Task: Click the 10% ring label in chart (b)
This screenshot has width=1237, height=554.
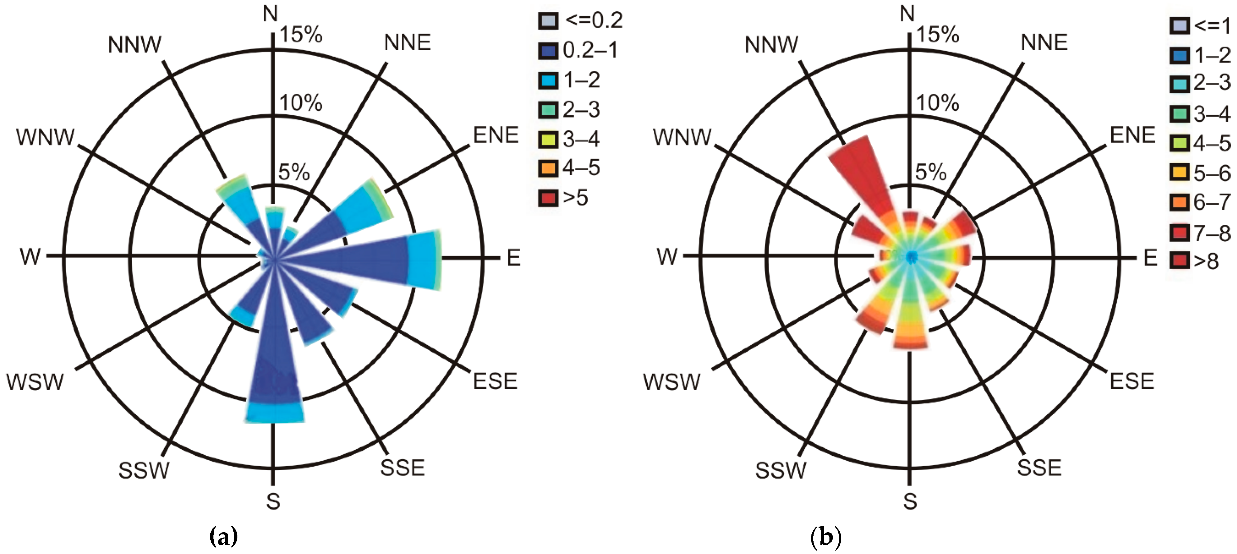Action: click(x=938, y=103)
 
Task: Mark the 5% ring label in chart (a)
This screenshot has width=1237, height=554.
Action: click(x=294, y=172)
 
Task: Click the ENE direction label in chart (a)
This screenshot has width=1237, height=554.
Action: click(x=496, y=135)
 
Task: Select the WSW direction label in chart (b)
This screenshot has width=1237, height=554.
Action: click(x=671, y=382)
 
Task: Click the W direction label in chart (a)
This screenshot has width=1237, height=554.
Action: click(x=30, y=257)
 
